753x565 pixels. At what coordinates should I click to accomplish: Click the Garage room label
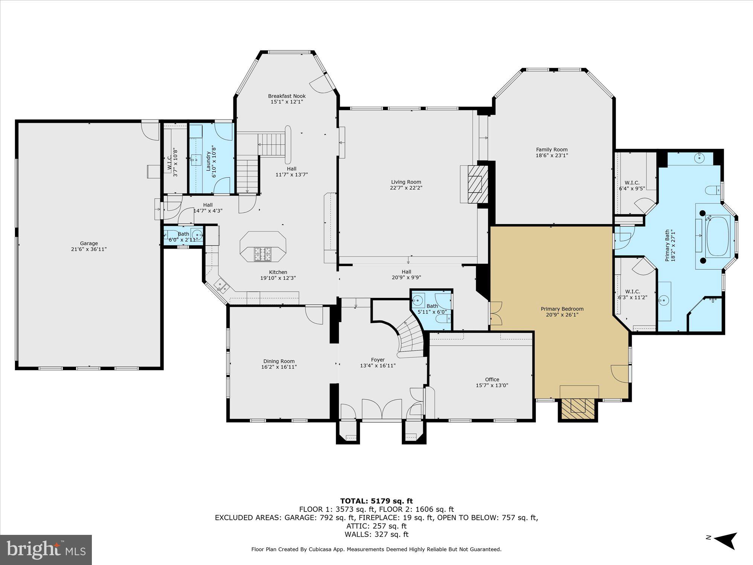[x=89, y=243]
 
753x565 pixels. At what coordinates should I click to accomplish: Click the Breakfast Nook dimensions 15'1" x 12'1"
[x=287, y=102]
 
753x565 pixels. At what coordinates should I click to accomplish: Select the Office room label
[x=492, y=379]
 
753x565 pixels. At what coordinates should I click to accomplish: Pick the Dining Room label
[x=279, y=361]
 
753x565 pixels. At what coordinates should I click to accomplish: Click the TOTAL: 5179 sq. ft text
[x=376, y=501]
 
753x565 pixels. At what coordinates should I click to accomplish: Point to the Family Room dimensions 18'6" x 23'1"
[x=552, y=155]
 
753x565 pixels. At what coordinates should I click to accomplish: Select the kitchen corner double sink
[x=222, y=287]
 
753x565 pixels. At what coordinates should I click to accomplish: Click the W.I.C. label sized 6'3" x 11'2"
[x=633, y=292]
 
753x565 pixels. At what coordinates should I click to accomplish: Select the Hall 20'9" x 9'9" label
[x=406, y=272]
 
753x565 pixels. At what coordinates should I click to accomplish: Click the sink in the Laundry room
[x=195, y=160]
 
